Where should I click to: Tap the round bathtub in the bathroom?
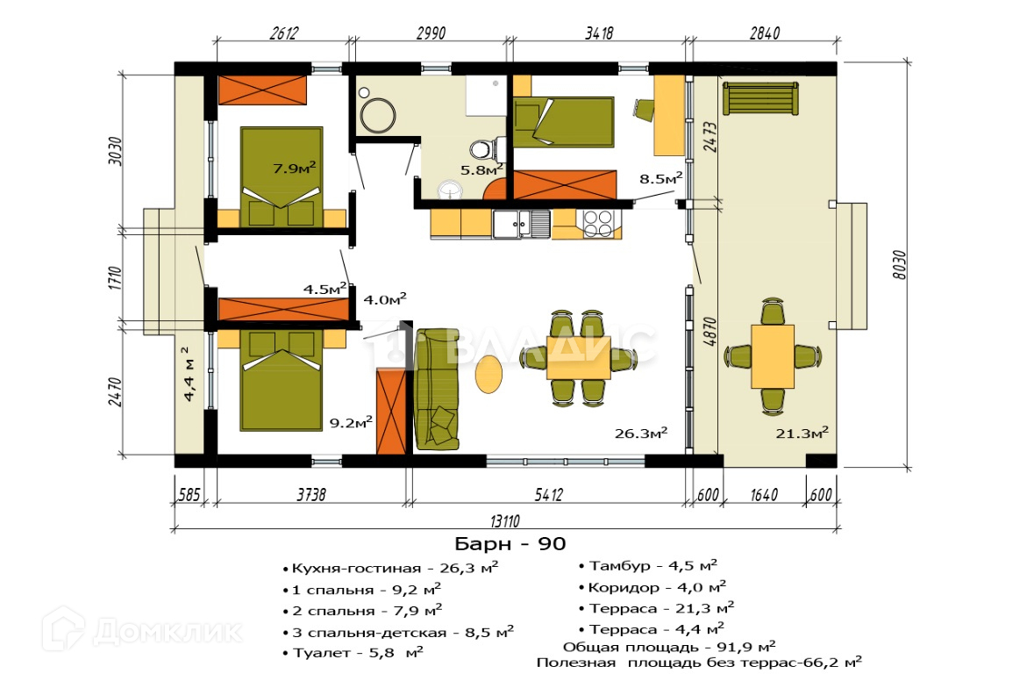[x=377, y=116]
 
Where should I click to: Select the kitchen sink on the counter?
[x=521, y=223]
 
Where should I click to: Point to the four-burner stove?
[x=598, y=222]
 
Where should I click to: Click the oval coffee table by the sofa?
[x=488, y=374]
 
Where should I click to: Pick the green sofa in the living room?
[x=437, y=390]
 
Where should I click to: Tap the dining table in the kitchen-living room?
[x=578, y=357]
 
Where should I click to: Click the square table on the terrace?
[x=772, y=356]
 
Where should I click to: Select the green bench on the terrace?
[x=760, y=98]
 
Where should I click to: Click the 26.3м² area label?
[x=640, y=433]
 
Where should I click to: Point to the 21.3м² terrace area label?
[x=802, y=433]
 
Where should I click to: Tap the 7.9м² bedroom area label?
[x=294, y=168]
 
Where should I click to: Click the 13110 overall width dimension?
[x=504, y=521]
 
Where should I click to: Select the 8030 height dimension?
[x=899, y=264]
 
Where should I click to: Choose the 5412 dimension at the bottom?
[x=549, y=494]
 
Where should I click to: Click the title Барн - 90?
[x=510, y=544]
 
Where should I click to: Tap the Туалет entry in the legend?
[x=353, y=653]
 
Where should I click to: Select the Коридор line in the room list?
[x=652, y=586]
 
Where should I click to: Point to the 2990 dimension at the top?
[x=431, y=33]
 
